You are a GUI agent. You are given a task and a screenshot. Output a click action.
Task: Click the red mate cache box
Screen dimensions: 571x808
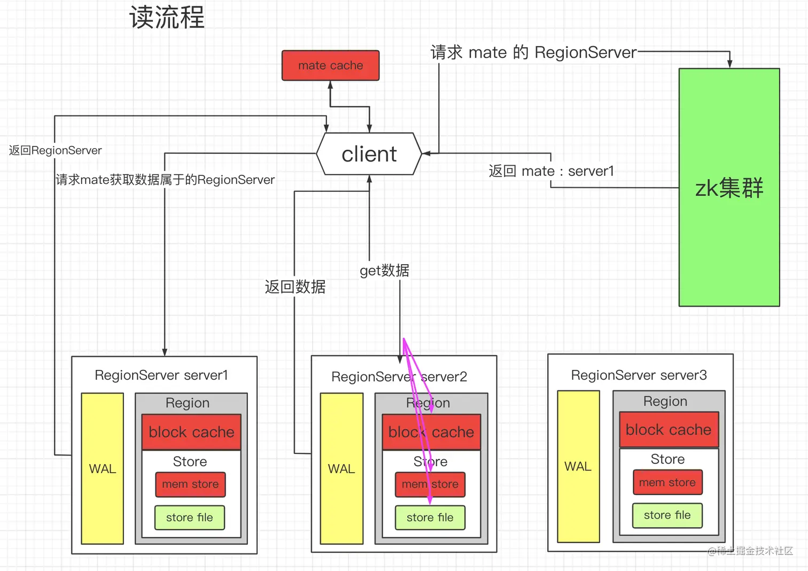click(x=330, y=65)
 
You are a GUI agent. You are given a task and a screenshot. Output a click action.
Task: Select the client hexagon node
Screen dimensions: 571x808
click(x=369, y=154)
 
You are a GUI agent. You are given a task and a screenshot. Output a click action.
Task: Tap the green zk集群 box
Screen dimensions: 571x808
click(x=729, y=187)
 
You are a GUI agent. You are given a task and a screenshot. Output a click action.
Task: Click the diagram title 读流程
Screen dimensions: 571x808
click(x=167, y=18)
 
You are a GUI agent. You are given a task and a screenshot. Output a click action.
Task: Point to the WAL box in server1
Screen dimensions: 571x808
click(x=102, y=468)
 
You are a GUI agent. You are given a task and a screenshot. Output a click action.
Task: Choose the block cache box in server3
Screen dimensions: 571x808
click(x=669, y=429)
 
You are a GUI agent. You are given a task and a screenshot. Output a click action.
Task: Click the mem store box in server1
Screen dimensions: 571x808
click(x=190, y=484)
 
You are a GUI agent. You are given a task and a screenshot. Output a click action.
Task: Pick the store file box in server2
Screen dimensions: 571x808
click(x=430, y=517)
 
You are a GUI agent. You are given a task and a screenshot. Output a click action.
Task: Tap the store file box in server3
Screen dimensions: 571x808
click(x=667, y=515)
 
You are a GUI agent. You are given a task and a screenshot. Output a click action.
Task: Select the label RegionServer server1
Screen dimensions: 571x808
click(x=161, y=375)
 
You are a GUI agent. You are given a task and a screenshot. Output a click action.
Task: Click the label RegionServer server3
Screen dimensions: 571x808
click(x=639, y=375)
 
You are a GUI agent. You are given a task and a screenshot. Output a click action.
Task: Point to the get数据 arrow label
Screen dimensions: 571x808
click(x=384, y=271)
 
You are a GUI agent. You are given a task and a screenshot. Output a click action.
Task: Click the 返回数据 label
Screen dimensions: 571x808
click(x=295, y=287)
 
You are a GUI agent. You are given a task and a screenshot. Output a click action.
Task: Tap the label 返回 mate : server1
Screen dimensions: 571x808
click(x=551, y=171)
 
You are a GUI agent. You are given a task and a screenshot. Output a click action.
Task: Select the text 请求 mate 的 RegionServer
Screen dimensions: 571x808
click(x=533, y=52)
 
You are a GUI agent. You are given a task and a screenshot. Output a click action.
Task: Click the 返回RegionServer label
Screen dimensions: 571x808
click(x=55, y=150)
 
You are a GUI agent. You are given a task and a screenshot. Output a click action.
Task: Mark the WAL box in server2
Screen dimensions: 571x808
click(x=341, y=468)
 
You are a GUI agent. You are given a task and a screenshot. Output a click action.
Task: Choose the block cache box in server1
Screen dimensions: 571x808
click(x=191, y=431)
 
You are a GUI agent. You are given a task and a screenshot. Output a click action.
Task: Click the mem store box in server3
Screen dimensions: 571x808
click(x=667, y=482)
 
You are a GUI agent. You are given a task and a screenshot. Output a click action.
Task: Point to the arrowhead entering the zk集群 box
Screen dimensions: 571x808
click(x=729, y=64)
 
